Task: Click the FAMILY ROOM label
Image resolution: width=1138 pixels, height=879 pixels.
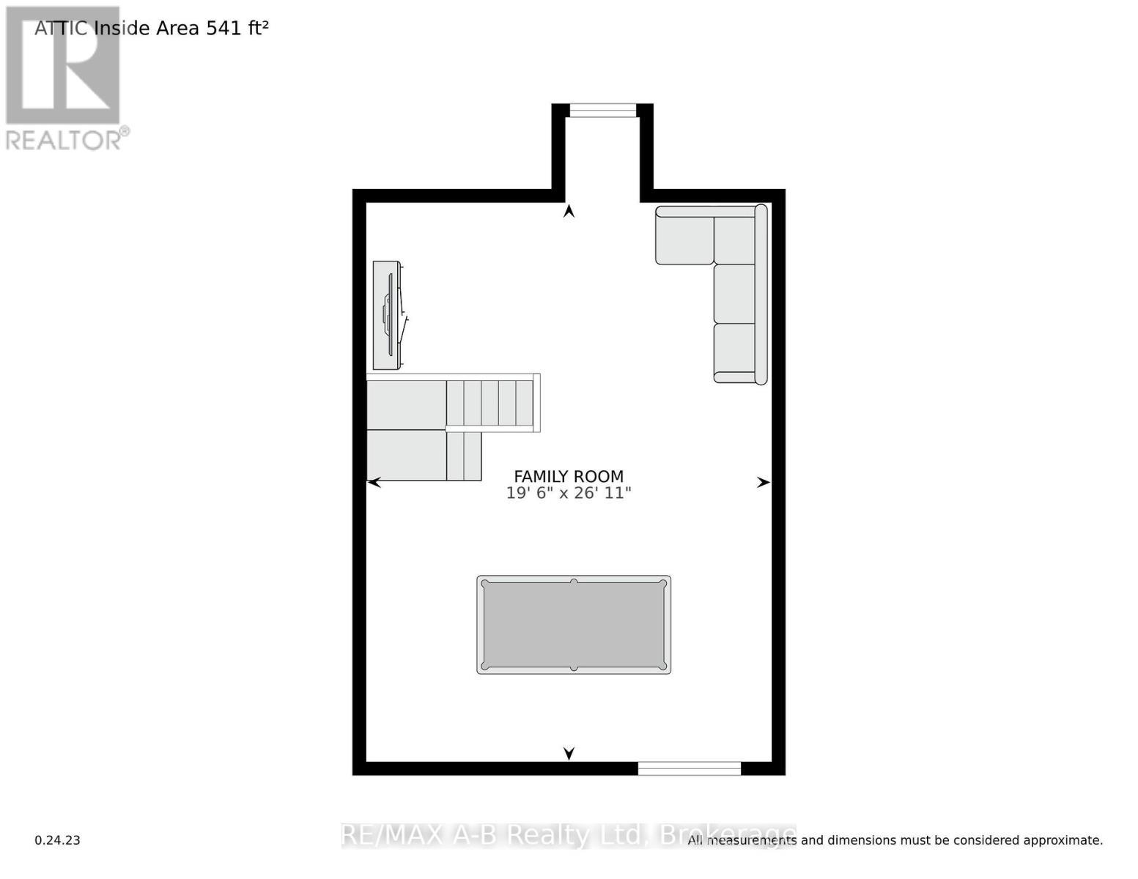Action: click(x=569, y=476)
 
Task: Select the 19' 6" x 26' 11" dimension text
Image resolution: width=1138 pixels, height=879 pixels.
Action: click(x=569, y=493)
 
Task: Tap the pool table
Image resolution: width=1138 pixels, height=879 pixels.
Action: click(x=574, y=625)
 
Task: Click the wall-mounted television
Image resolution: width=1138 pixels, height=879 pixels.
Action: click(x=387, y=315)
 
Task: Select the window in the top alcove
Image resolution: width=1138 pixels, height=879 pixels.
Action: click(x=603, y=111)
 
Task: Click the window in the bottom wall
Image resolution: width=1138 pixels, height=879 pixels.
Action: click(x=689, y=768)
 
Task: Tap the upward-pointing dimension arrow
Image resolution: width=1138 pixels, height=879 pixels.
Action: click(x=569, y=212)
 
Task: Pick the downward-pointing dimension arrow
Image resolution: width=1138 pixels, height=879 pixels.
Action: click(x=569, y=753)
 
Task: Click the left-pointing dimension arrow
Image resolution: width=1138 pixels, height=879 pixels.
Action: click(x=374, y=482)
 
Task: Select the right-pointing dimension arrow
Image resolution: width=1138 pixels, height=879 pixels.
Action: click(x=763, y=482)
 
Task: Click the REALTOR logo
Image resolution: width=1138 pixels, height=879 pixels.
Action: click(x=64, y=78)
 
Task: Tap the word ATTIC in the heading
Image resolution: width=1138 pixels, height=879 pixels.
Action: click(x=62, y=29)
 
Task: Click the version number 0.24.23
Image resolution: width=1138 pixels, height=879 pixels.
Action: click(x=57, y=840)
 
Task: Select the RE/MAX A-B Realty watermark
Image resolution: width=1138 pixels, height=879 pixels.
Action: click(x=568, y=835)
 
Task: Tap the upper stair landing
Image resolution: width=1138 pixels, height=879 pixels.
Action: click(x=407, y=404)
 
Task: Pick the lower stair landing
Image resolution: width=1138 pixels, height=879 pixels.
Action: click(x=407, y=456)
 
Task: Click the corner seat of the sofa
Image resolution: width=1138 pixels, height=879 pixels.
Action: click(x=734, y=240)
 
